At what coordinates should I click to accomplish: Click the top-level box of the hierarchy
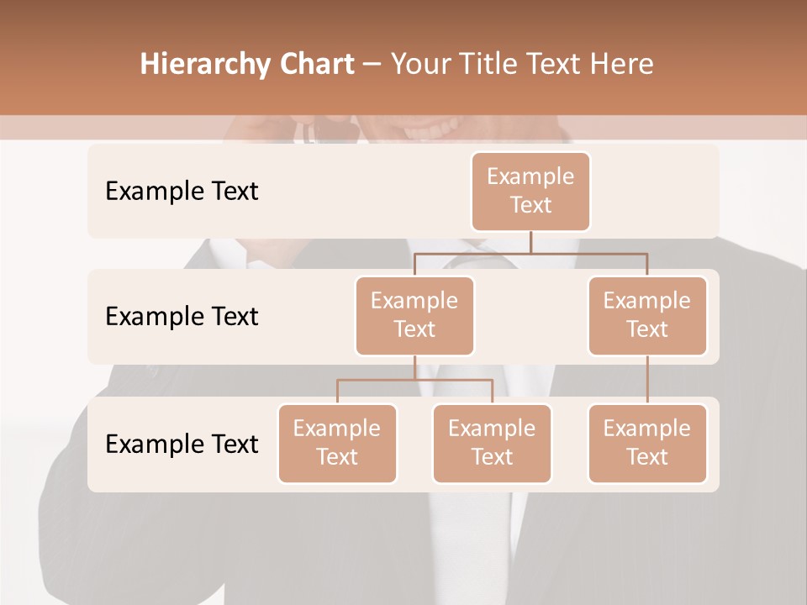pos(530,191)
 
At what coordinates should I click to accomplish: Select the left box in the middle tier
pos(414,315)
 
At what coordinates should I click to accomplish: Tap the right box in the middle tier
pos(647,315)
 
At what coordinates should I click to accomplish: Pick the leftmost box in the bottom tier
pos(337,443)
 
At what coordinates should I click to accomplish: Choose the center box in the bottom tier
pos(492,443)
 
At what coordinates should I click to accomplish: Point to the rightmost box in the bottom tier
pos(647,443)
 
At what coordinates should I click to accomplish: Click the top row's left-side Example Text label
pos(182,191)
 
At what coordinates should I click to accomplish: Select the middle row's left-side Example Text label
pos(182,316)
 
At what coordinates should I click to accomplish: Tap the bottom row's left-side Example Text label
pos(182,444)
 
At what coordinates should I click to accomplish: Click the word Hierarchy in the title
pos(202,65)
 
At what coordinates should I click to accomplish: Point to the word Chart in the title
pos(315,64)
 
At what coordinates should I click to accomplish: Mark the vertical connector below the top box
pos(530,241)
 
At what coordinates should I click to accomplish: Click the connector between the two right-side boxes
pos(647,380)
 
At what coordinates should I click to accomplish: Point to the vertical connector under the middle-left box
pos(414,367)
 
